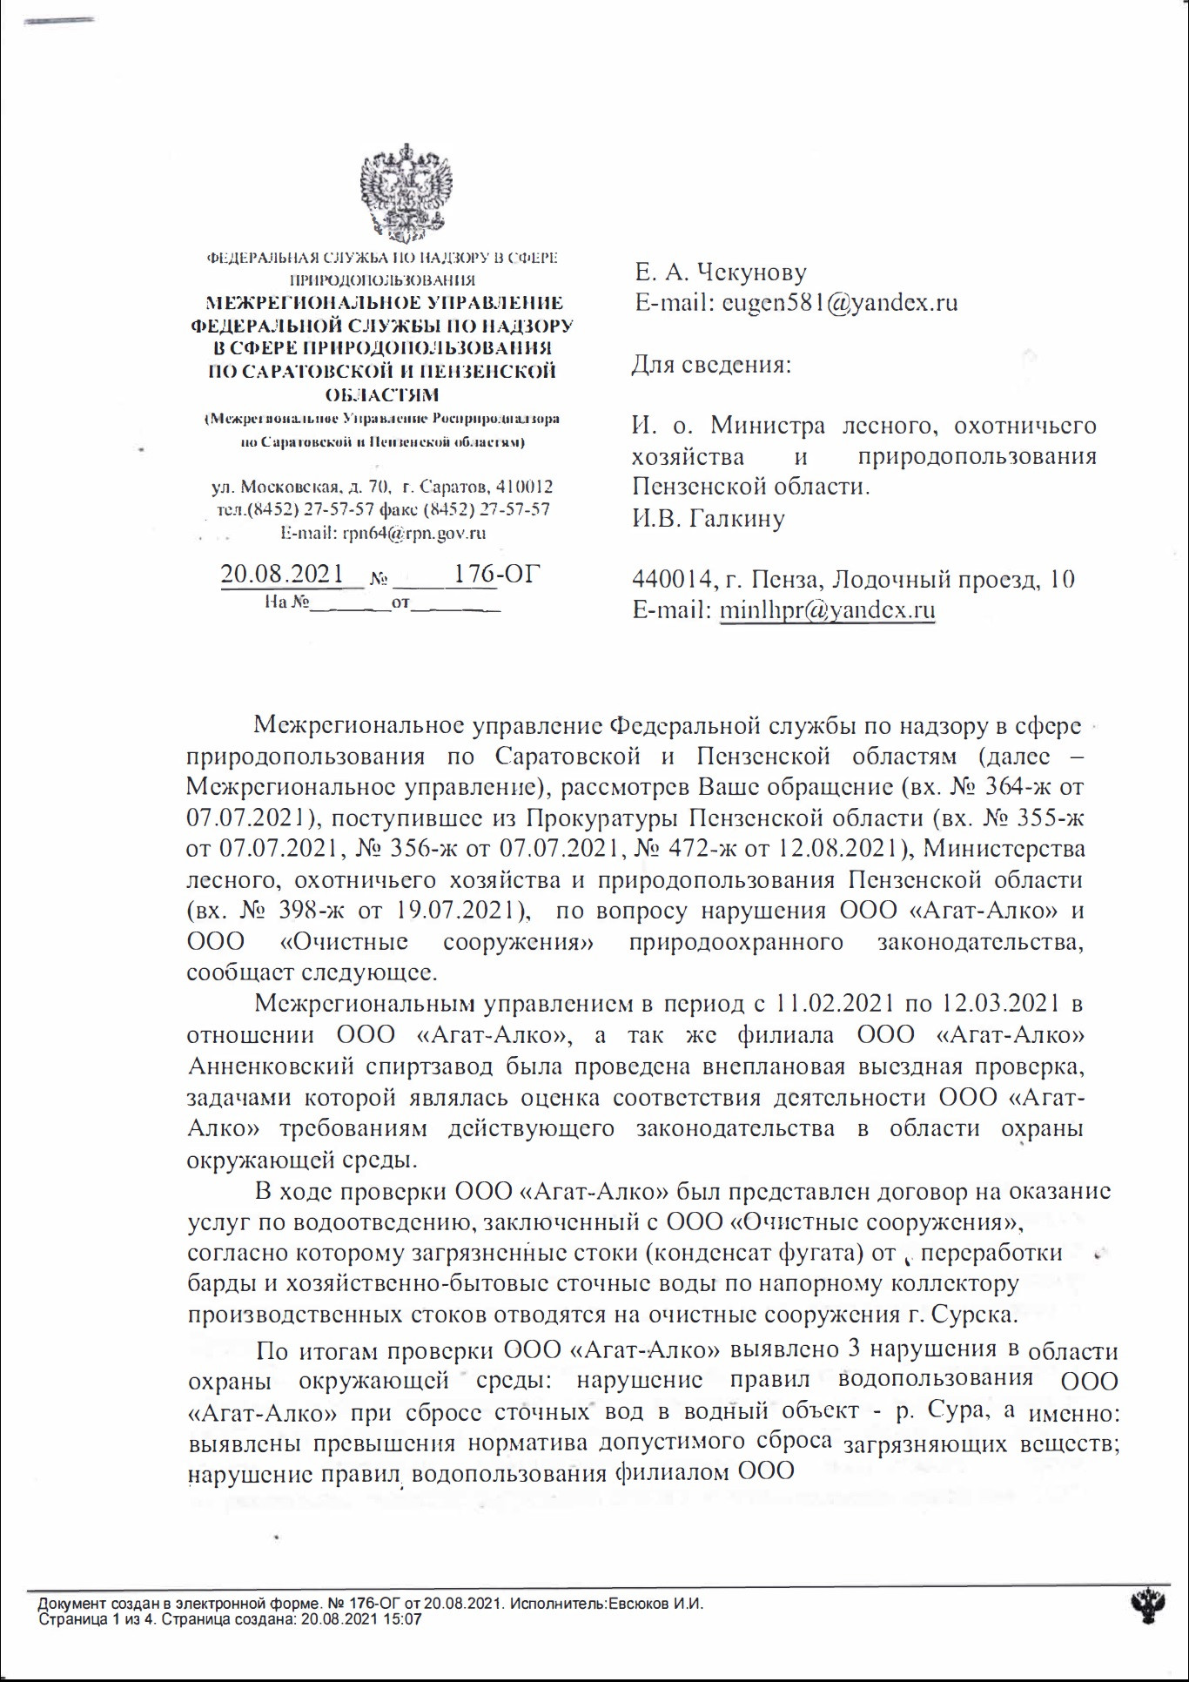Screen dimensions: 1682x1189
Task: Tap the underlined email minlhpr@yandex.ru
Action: [x=827, y=609]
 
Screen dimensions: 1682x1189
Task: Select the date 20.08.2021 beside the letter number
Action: [x=282, y=574]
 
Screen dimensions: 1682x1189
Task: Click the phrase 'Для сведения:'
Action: [x=711, y=364]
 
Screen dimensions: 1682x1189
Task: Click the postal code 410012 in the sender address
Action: [x=523, y=488]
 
